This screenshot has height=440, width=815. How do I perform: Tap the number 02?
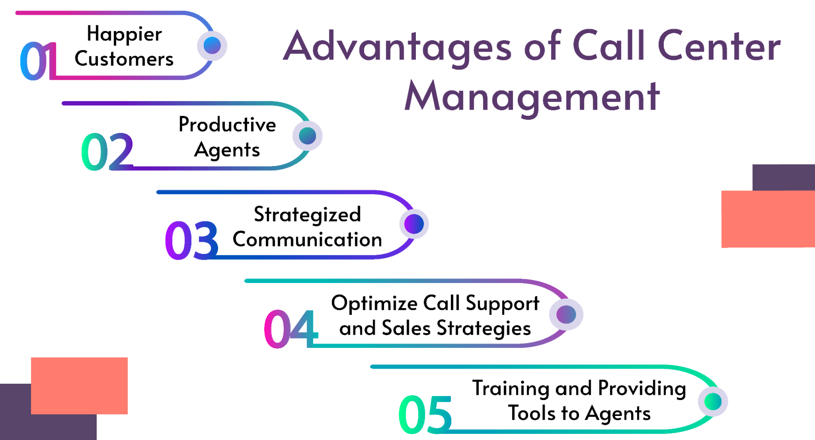click(x=107, y=152)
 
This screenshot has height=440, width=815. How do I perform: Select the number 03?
click(x=192, y=241)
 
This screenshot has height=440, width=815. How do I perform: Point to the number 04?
click(x=291, y=329)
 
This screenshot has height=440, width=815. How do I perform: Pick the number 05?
click(x=425, y=415)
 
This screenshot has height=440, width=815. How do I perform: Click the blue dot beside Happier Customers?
click(x=212, y=45)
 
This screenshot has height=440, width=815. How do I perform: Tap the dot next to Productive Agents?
click(x=307, y=136)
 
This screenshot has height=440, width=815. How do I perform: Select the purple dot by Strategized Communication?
click(x=414, y=224)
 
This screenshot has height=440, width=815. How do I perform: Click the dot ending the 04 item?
click(x=566, y=314)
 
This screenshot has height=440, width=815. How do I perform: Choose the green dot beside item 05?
click(x=713, y=401)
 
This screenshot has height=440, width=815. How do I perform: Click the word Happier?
click(x=124, y=34)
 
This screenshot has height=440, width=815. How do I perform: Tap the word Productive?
click(x=227, y=124)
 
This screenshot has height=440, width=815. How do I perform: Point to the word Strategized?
click(x=307, y=214)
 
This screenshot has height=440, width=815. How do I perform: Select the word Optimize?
click(x=374, y=303)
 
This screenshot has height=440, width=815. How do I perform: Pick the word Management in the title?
click(x=532, y=97)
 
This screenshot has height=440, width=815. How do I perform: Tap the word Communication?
click(x=307, y=239)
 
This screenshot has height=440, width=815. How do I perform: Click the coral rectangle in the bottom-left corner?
click(x=79, y=385)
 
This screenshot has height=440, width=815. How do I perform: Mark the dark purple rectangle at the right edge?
click(x=783, y=177)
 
